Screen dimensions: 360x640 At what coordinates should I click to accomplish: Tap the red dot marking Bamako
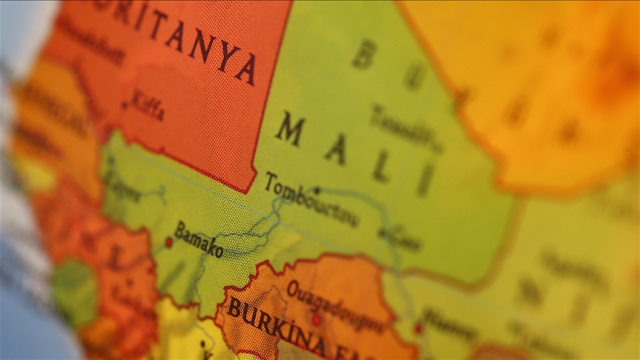pos(168,241)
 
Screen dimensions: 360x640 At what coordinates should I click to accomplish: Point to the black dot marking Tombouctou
pos(317,189)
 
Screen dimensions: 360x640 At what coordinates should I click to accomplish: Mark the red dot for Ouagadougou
pos(316,320)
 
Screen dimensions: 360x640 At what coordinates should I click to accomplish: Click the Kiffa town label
pos(148,108)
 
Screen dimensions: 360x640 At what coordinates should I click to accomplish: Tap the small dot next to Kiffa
pos(125,104)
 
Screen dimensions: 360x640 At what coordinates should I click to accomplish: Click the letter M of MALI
pos(289,129)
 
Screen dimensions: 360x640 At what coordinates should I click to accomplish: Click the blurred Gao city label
pos(404,237)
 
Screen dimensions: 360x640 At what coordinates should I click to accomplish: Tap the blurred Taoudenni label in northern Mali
pos(405,127)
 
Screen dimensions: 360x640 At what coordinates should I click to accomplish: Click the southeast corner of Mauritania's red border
pos(247,190)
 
